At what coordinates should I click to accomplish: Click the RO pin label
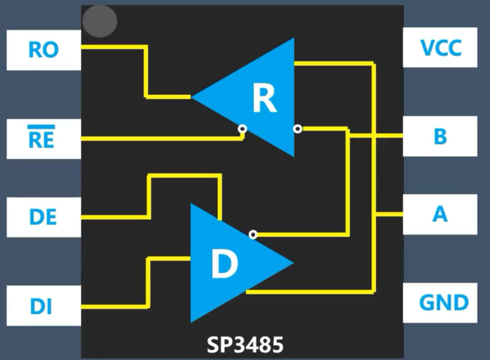(x=43, y=50)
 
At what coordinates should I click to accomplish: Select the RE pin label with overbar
(x=41, y=140)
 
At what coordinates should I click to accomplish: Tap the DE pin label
(x=43, y=217)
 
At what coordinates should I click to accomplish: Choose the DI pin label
(x=41, y=306)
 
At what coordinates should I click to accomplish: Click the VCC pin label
(x=441, y=48)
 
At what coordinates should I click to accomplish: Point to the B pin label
(x=440, y=136)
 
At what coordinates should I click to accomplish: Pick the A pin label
(x=440, y=214)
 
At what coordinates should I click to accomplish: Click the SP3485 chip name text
(x=245, y=345)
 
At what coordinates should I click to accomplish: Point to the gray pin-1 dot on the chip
(x=100, y=21)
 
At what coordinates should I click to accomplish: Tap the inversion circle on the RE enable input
(x=242, y=129)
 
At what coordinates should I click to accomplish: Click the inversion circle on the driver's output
(x=253, y=234)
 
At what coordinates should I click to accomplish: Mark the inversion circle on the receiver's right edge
(x=297, y=129)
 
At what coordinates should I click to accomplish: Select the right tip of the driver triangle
(x=292, y=262)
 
